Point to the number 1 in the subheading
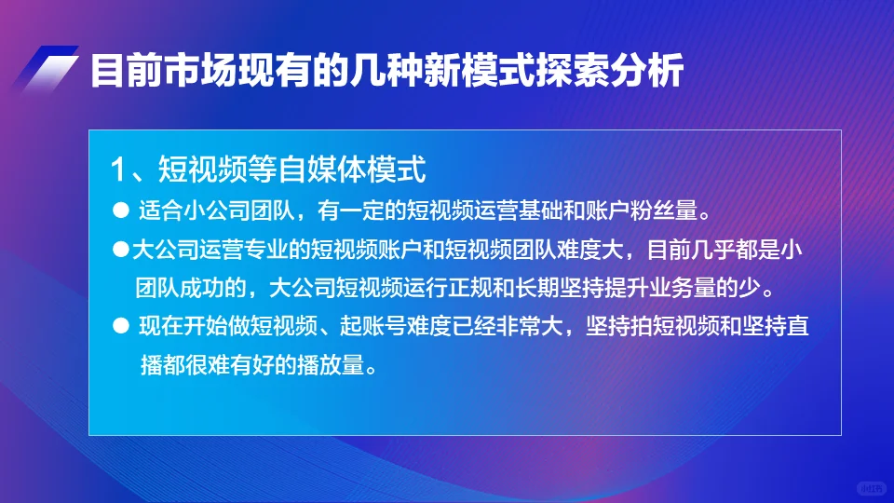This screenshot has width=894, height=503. [x=118, y=170]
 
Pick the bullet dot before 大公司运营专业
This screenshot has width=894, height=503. [x=118, y=250]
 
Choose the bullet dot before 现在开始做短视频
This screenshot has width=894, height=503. [x=118, y=326]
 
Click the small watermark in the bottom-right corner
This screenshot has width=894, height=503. [x=869, y=487]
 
